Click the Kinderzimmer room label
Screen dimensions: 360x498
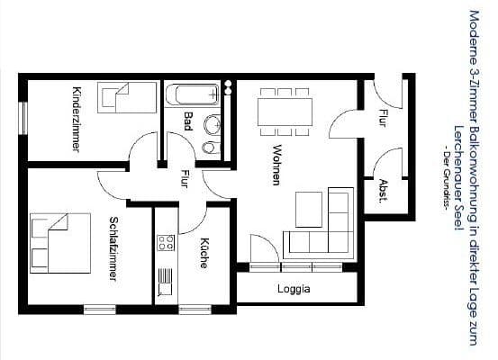pyautogui.click(x=77, y=120)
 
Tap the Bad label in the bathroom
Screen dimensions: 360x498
pyautogui.click(x=187, y=121)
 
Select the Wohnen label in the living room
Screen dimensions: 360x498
pyautogui.click(x=277, y=165)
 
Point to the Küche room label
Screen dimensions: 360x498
pyautogui.click(x=204, y=253)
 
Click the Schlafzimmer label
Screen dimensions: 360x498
pyautogui.click(x=113, y=248)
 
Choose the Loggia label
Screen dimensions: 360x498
pyautogui.click(x=294, y=289)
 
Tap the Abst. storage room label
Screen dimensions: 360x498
pyautogui.click(x=383, y=190)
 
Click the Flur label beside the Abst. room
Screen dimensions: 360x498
pyautogui.click(x=382, y=116)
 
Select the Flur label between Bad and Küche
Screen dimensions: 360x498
pyautogui.click(x=185, y=178)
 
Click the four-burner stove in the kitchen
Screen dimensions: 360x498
pyautogui.click(x=166, y=241)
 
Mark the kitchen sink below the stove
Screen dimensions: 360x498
pyautogui.click(x=165, y=283)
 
